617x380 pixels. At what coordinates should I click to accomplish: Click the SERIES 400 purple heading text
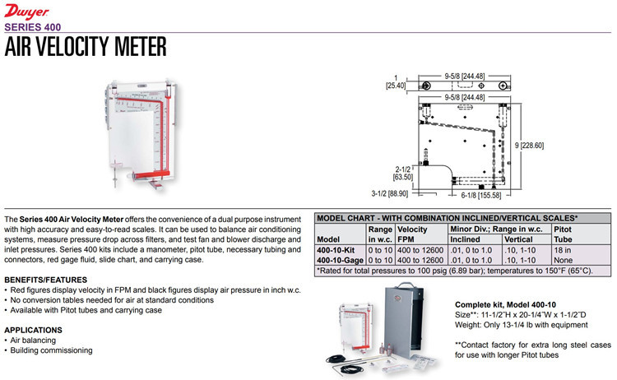(33, 25)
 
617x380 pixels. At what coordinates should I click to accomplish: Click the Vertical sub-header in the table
(519, 239)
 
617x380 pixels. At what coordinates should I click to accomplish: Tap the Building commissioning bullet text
(51, 350)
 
